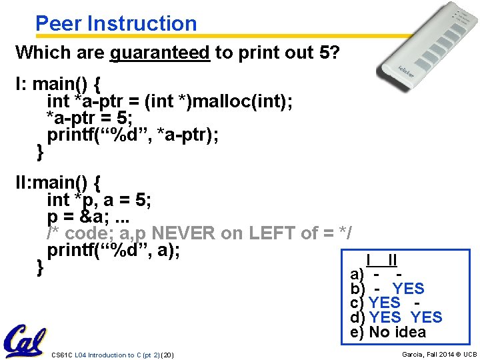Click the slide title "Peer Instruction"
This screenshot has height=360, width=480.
tap(116, 23)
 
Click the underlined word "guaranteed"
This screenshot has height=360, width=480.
tap(160, 52)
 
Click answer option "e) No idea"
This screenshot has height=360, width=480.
tap(388, 332)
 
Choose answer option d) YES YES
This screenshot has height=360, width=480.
tap(396, 317)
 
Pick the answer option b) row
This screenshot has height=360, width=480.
tap(387, 289)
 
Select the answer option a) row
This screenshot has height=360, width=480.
tap(377, 274)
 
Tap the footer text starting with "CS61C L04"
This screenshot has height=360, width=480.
tap(112, 355)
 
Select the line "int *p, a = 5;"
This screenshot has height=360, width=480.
tap(99, 199)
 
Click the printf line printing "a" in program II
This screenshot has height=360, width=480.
tap(113, 251)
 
